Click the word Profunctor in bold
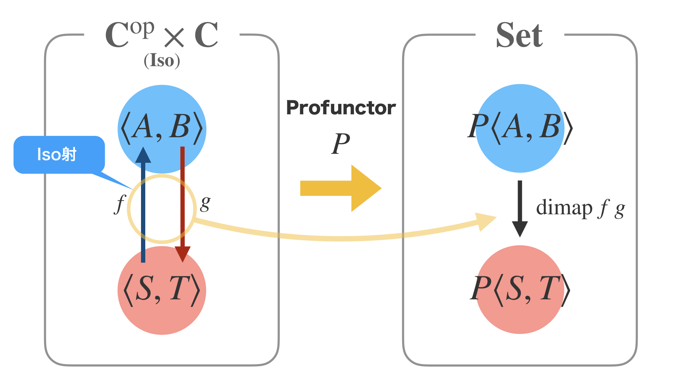click(341, 108)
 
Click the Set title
click(519, 35)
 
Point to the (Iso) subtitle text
click(162, 61)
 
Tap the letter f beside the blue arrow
click(120, 204)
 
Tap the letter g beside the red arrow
click(205, 203)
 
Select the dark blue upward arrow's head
click(143, 156)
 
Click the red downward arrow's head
click(183, 254)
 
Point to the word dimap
click(564, 208)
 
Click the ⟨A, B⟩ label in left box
click(162, 127)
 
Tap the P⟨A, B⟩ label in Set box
click(520, 127)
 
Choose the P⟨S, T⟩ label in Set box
click(520, 289)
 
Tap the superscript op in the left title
click(142, 28)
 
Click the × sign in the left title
click(174, 37)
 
